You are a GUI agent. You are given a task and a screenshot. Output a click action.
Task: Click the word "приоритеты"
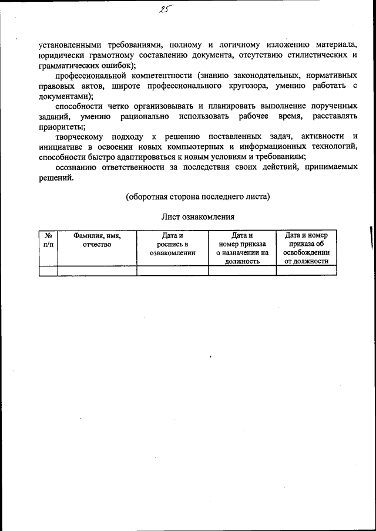61,127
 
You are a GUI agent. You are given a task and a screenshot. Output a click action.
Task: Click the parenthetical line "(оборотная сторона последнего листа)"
198,197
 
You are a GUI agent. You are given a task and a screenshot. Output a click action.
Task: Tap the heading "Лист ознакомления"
198,217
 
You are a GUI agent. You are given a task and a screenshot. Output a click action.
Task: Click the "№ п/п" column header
48,240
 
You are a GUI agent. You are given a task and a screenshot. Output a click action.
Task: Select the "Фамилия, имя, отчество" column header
97,240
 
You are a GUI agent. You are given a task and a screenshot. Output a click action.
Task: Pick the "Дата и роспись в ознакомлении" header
173,244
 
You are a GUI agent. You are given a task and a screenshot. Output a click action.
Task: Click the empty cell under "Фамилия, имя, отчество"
97,270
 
